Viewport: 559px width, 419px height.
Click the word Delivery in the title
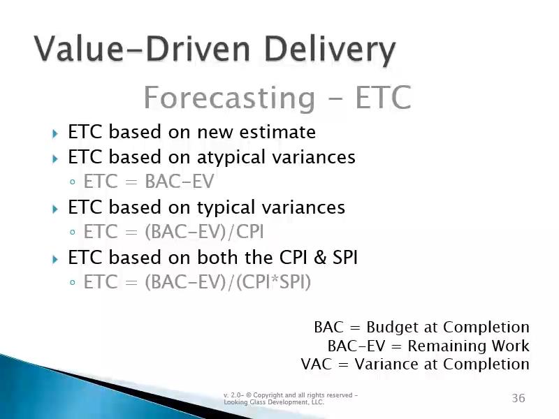(330, 50)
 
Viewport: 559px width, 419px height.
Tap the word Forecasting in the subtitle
(230, 98)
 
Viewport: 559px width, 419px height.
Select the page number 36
(518, 397)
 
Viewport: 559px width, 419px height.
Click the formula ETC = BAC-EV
(149, 182)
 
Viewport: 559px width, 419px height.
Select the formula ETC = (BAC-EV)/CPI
(173, 232)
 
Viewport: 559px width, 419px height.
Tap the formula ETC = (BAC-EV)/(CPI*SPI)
(197, 282)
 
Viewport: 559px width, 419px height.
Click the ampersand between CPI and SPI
(320, 258)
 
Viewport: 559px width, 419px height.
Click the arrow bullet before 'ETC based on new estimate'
(55, 133)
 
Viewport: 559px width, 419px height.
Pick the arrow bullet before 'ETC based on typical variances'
(55, 209)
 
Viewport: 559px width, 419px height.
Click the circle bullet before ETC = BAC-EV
(73, 182)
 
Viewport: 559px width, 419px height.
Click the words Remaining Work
(468, 346)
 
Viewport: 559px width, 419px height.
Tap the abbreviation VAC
(317, 364)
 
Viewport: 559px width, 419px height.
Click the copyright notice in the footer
(291, 398)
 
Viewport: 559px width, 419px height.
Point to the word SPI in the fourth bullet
(344, 258)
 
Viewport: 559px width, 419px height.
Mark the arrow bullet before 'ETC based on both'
(55, 259)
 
